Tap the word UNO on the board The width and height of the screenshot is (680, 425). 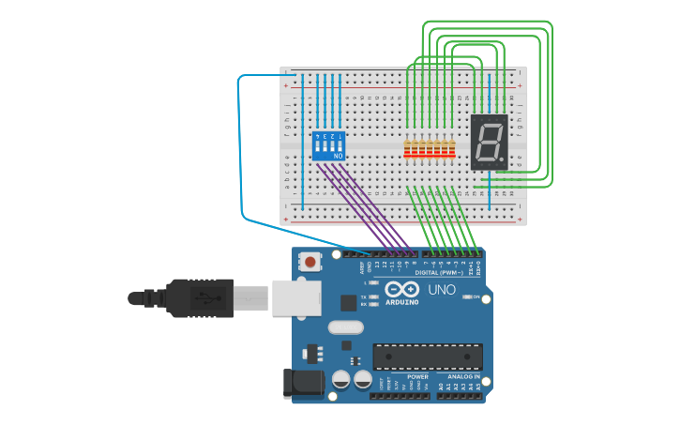(x=442, y=290)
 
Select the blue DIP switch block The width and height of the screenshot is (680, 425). (x=328, y=145)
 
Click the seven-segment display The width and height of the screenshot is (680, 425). (x=489, y=143)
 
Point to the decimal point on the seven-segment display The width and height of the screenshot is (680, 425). (x=502, y=160)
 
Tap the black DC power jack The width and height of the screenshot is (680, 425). (x=302, y=383)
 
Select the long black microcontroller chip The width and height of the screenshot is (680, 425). (x=428, y=357)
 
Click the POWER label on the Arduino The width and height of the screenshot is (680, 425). (x=417, y=376)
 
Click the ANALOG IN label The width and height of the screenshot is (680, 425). (x=463, y=376)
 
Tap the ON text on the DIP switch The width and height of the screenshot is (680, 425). (x=325, y=155)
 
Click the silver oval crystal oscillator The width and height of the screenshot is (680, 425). (x=345, y=327)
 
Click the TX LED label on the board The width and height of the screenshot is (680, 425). (x=363, y=296)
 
